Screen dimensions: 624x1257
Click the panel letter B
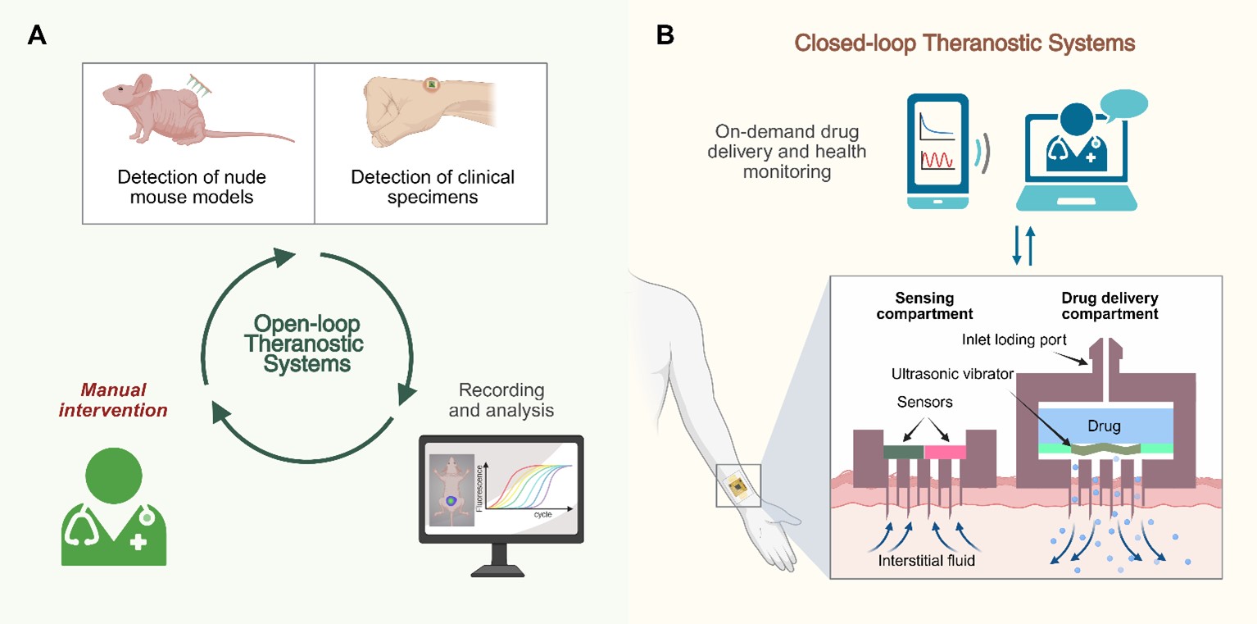665,35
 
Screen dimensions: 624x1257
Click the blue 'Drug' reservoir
1087,426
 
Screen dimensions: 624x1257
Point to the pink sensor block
945,452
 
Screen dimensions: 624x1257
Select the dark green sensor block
903,452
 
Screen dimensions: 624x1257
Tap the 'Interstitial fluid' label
925,562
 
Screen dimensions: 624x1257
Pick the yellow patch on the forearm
738,486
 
